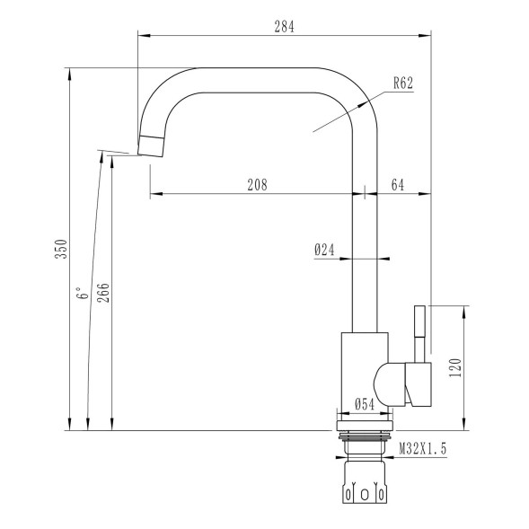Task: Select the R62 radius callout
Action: (402, 84)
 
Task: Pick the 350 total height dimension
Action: (62, 249)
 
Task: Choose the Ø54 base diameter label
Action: (363, 405)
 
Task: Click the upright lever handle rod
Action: (419, 332)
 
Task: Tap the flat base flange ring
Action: (364, 420)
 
